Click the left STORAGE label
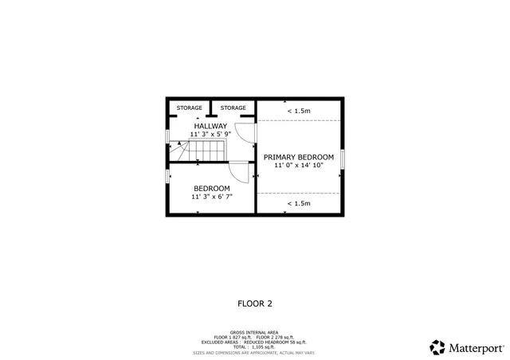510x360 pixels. [x=189, y=108]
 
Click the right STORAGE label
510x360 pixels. [x=233, y=108]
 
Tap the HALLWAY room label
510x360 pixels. [x=210, y=126]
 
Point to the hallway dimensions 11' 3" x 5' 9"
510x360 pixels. [x=210, y=135]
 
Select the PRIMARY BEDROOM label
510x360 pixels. [x=298, y=157]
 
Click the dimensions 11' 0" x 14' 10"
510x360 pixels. [x=298, y=166]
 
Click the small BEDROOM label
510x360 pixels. [x=211, y=188]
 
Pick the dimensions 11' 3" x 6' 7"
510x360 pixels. [x=211, y=197]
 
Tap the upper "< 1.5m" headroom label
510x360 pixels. [x=298, y=111]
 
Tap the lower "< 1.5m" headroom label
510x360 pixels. [x=298, y=204]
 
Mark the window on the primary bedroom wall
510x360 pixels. [x=343, y=158]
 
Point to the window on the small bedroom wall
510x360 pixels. [x=167, y=176]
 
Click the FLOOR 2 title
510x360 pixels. [x=255, y=303]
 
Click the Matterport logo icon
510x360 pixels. [x=437, y=347]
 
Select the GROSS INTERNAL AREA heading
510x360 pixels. [x=254, y=332]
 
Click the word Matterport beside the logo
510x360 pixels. [x=476, y=348]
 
